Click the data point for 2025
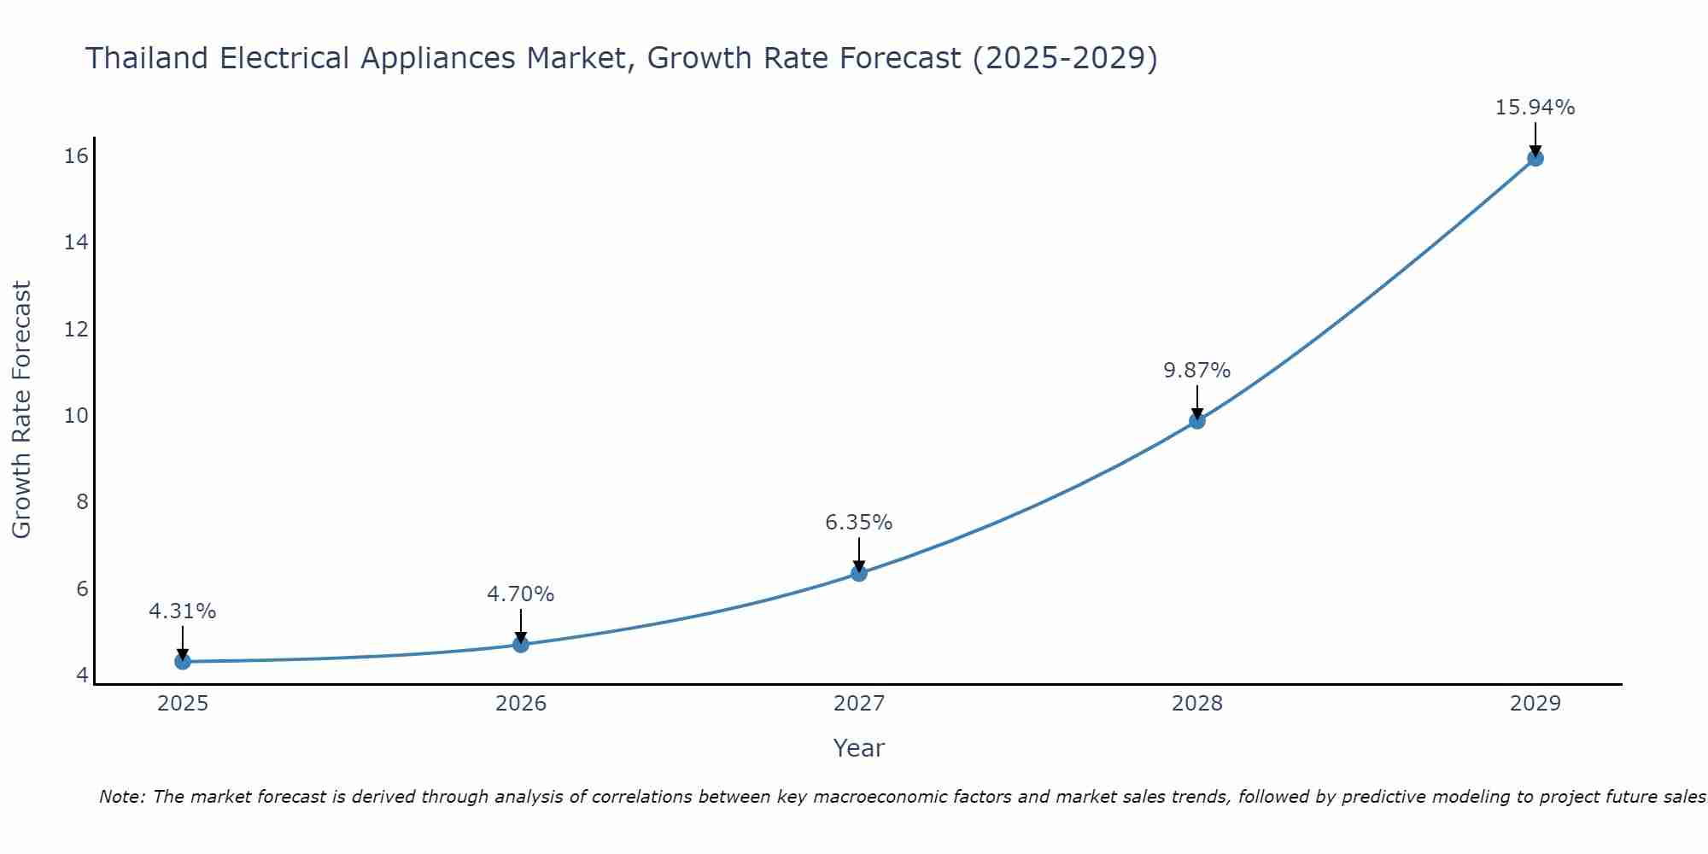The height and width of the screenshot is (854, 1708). point(182,661)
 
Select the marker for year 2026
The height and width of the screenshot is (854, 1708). point(520,644)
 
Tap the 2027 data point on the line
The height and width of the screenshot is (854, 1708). point(858,573)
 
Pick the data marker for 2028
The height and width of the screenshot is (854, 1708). point(1196,420)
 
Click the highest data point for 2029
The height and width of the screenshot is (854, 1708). point(1535,158)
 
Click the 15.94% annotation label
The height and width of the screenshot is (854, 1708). point(1535,108)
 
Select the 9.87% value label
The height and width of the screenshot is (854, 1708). point(1196,371)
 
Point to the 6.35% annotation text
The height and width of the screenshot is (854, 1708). point(858,523)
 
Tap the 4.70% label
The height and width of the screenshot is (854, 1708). point(520,594)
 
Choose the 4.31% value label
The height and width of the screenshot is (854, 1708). point(182,611)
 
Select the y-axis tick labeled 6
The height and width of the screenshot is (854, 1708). point(82,589)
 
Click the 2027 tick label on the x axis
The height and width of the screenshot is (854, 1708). point(858,704)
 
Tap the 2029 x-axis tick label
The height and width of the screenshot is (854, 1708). point(1535,704)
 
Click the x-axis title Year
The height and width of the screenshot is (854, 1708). point(858,748)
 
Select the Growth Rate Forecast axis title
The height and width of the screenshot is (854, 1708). point(22,410)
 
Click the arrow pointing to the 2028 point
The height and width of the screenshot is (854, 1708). point(1196,401)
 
